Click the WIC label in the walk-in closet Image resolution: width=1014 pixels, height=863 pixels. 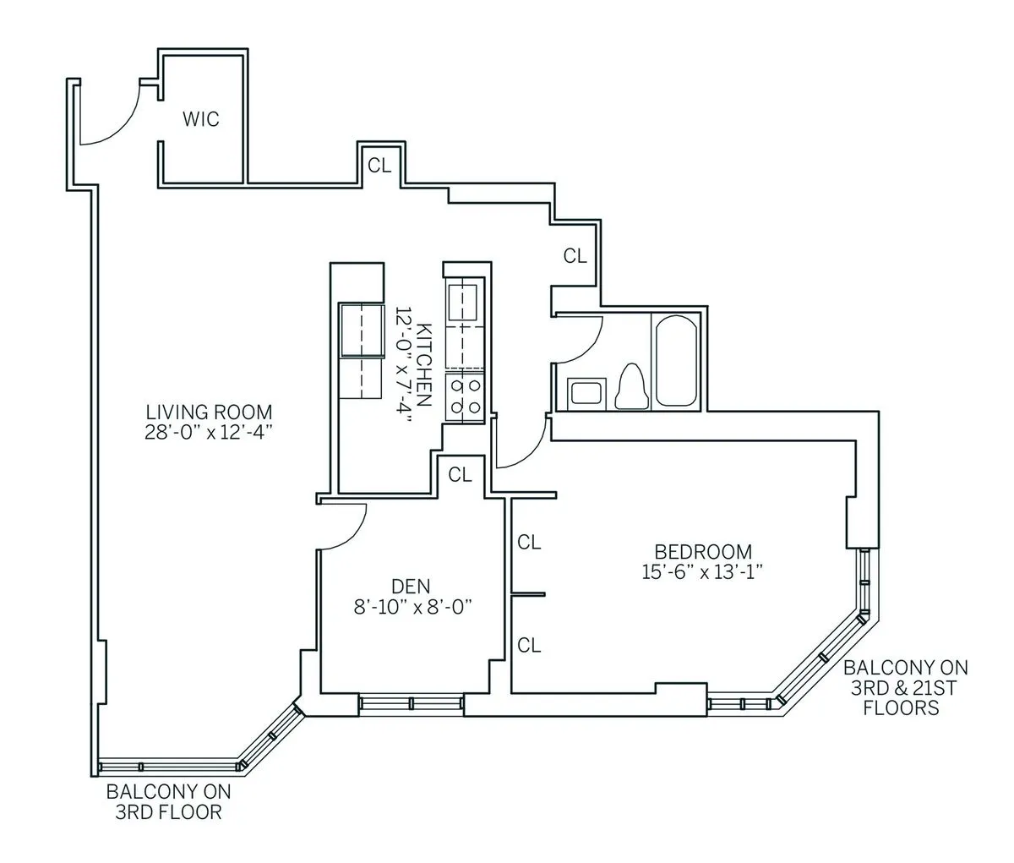pos(200,119)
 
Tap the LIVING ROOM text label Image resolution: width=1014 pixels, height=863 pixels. pos(209,412)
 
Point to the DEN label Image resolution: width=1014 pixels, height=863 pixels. pos(411,586)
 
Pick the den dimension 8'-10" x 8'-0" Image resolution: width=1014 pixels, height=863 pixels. pos(411,606)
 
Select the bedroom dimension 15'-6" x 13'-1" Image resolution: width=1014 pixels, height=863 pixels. pos(702,571)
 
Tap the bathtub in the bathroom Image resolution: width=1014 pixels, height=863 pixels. pos(677,361)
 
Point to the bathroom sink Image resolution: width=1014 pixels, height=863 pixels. pos(585,393)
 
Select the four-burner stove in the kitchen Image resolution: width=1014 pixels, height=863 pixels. pos(465,397)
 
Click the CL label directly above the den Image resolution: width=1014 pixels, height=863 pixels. pos(460,475)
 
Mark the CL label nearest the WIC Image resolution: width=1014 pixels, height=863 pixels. pos(379,166)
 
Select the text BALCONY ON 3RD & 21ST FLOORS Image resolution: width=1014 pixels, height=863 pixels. pos(905,687)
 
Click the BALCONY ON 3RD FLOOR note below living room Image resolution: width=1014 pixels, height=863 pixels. pos(167,803)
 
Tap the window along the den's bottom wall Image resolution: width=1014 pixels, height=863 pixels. pos(411,703)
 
